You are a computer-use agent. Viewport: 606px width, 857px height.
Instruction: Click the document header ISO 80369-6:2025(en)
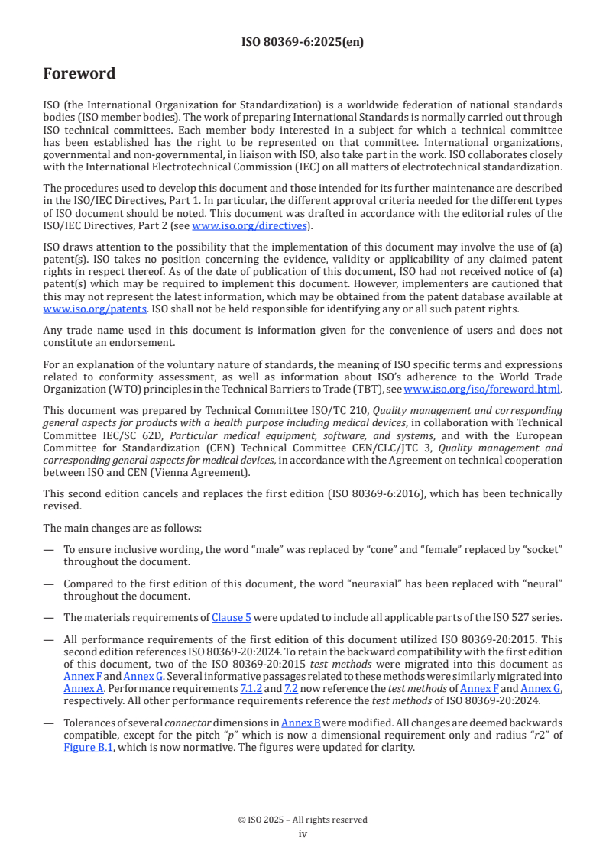[x=303, y=43]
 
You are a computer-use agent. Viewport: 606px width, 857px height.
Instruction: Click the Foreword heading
[x=79, y=74]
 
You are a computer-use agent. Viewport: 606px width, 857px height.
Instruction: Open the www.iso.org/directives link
[x=249, y=226]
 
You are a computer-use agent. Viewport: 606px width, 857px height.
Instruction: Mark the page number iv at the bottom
[x=303, y=834]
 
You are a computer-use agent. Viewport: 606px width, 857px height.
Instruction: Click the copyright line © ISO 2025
[x=303, y=820]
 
